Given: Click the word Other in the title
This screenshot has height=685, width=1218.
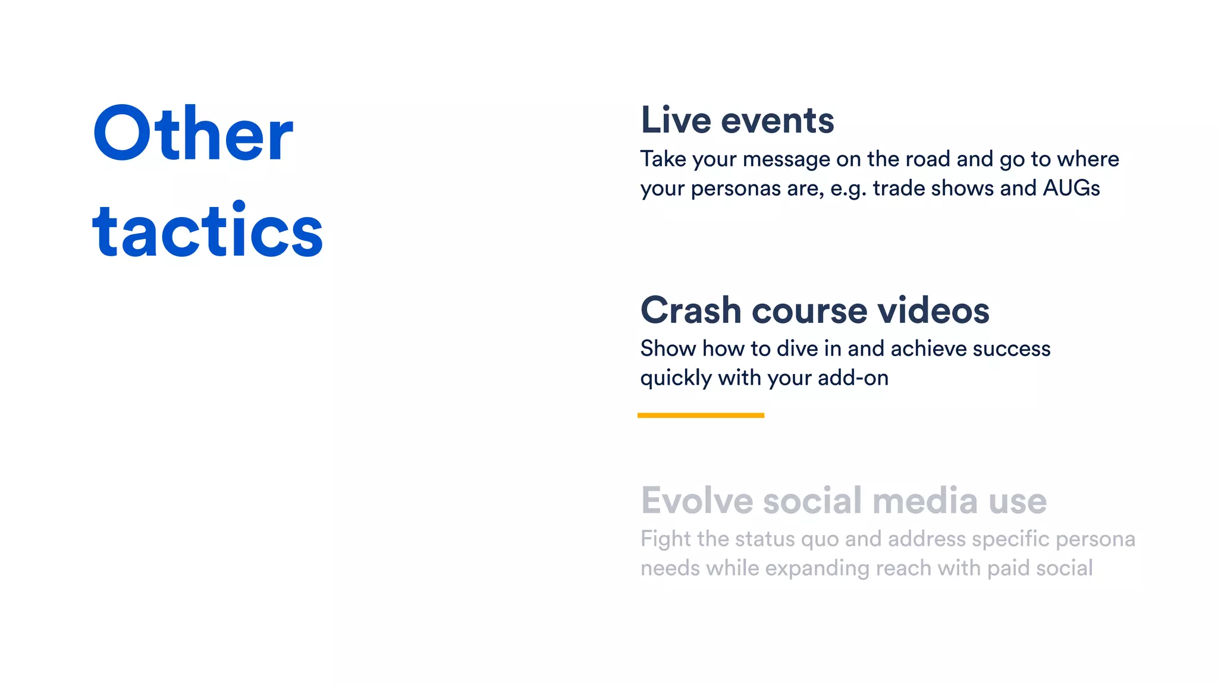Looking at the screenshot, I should (193, 134).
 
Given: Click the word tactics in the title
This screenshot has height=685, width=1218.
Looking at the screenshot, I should (208, 231).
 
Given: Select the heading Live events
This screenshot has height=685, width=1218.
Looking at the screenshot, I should (737, 120).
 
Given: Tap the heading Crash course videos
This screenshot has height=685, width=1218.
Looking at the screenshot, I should (815, 310).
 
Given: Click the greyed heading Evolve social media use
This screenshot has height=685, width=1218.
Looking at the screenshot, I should (843, 501).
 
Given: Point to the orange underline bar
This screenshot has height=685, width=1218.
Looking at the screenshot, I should (701, 415).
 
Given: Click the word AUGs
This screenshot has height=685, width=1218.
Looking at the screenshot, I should (1071, 188).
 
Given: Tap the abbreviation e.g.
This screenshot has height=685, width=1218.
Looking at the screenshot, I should (848, 189).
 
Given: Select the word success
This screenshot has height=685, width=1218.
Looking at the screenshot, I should (1011, 348).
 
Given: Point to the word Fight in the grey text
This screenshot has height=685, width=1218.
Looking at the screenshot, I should (665, 539).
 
